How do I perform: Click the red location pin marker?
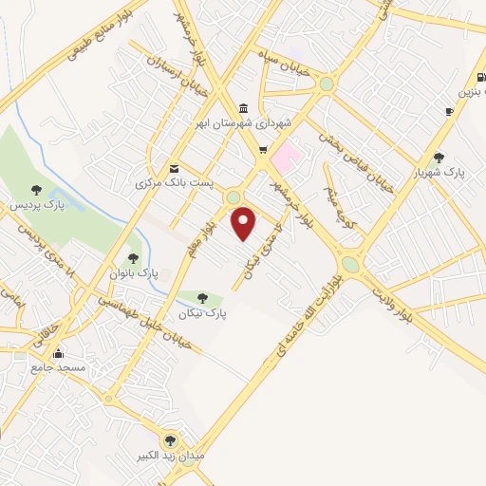244,223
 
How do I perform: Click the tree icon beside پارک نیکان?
202,298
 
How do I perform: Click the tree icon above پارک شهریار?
438,158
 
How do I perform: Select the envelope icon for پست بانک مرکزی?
173,165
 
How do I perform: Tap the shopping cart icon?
263,150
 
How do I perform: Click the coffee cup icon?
449,111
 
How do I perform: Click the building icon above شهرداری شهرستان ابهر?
244,106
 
